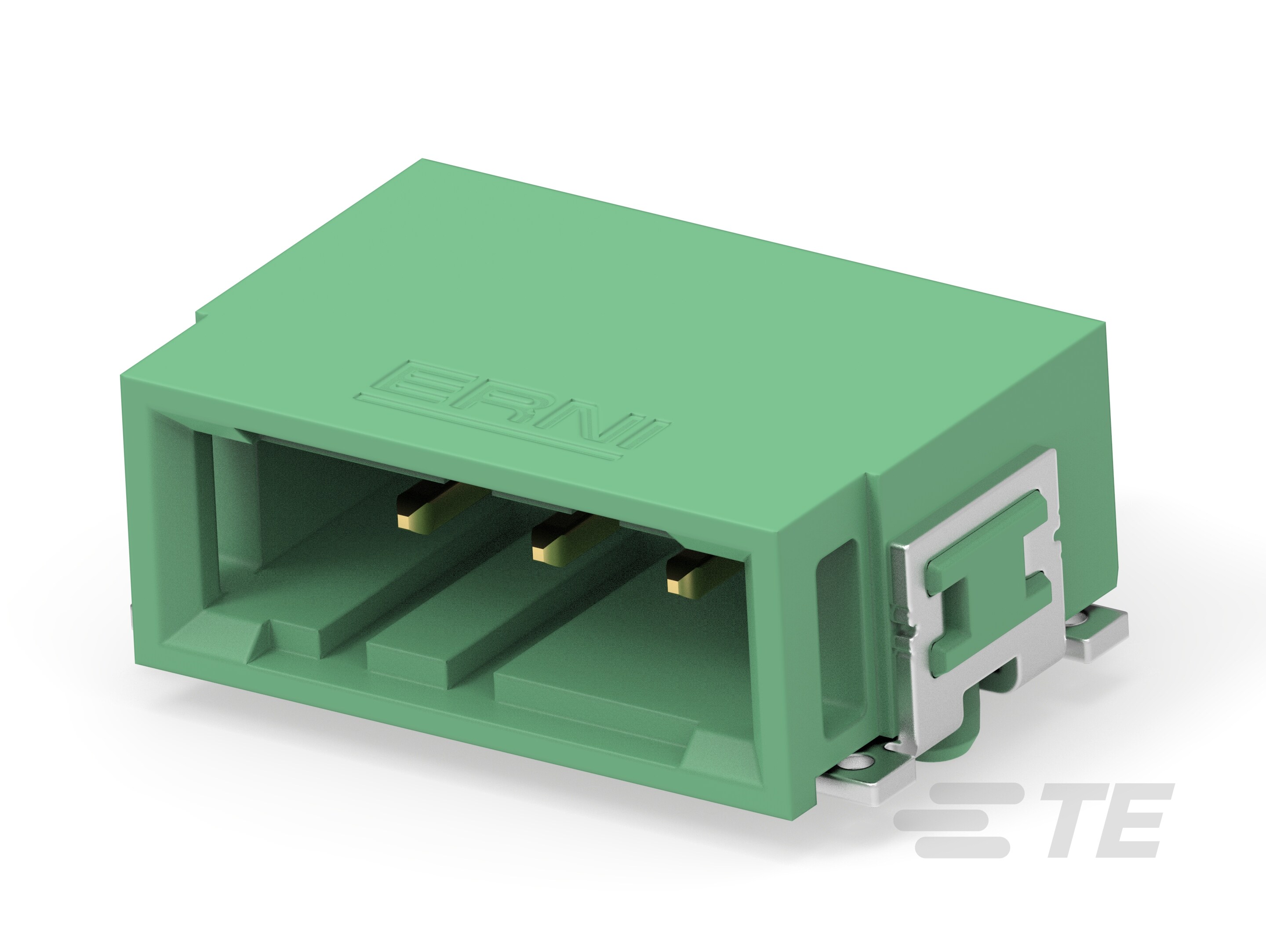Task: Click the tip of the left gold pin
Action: point(406,519)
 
